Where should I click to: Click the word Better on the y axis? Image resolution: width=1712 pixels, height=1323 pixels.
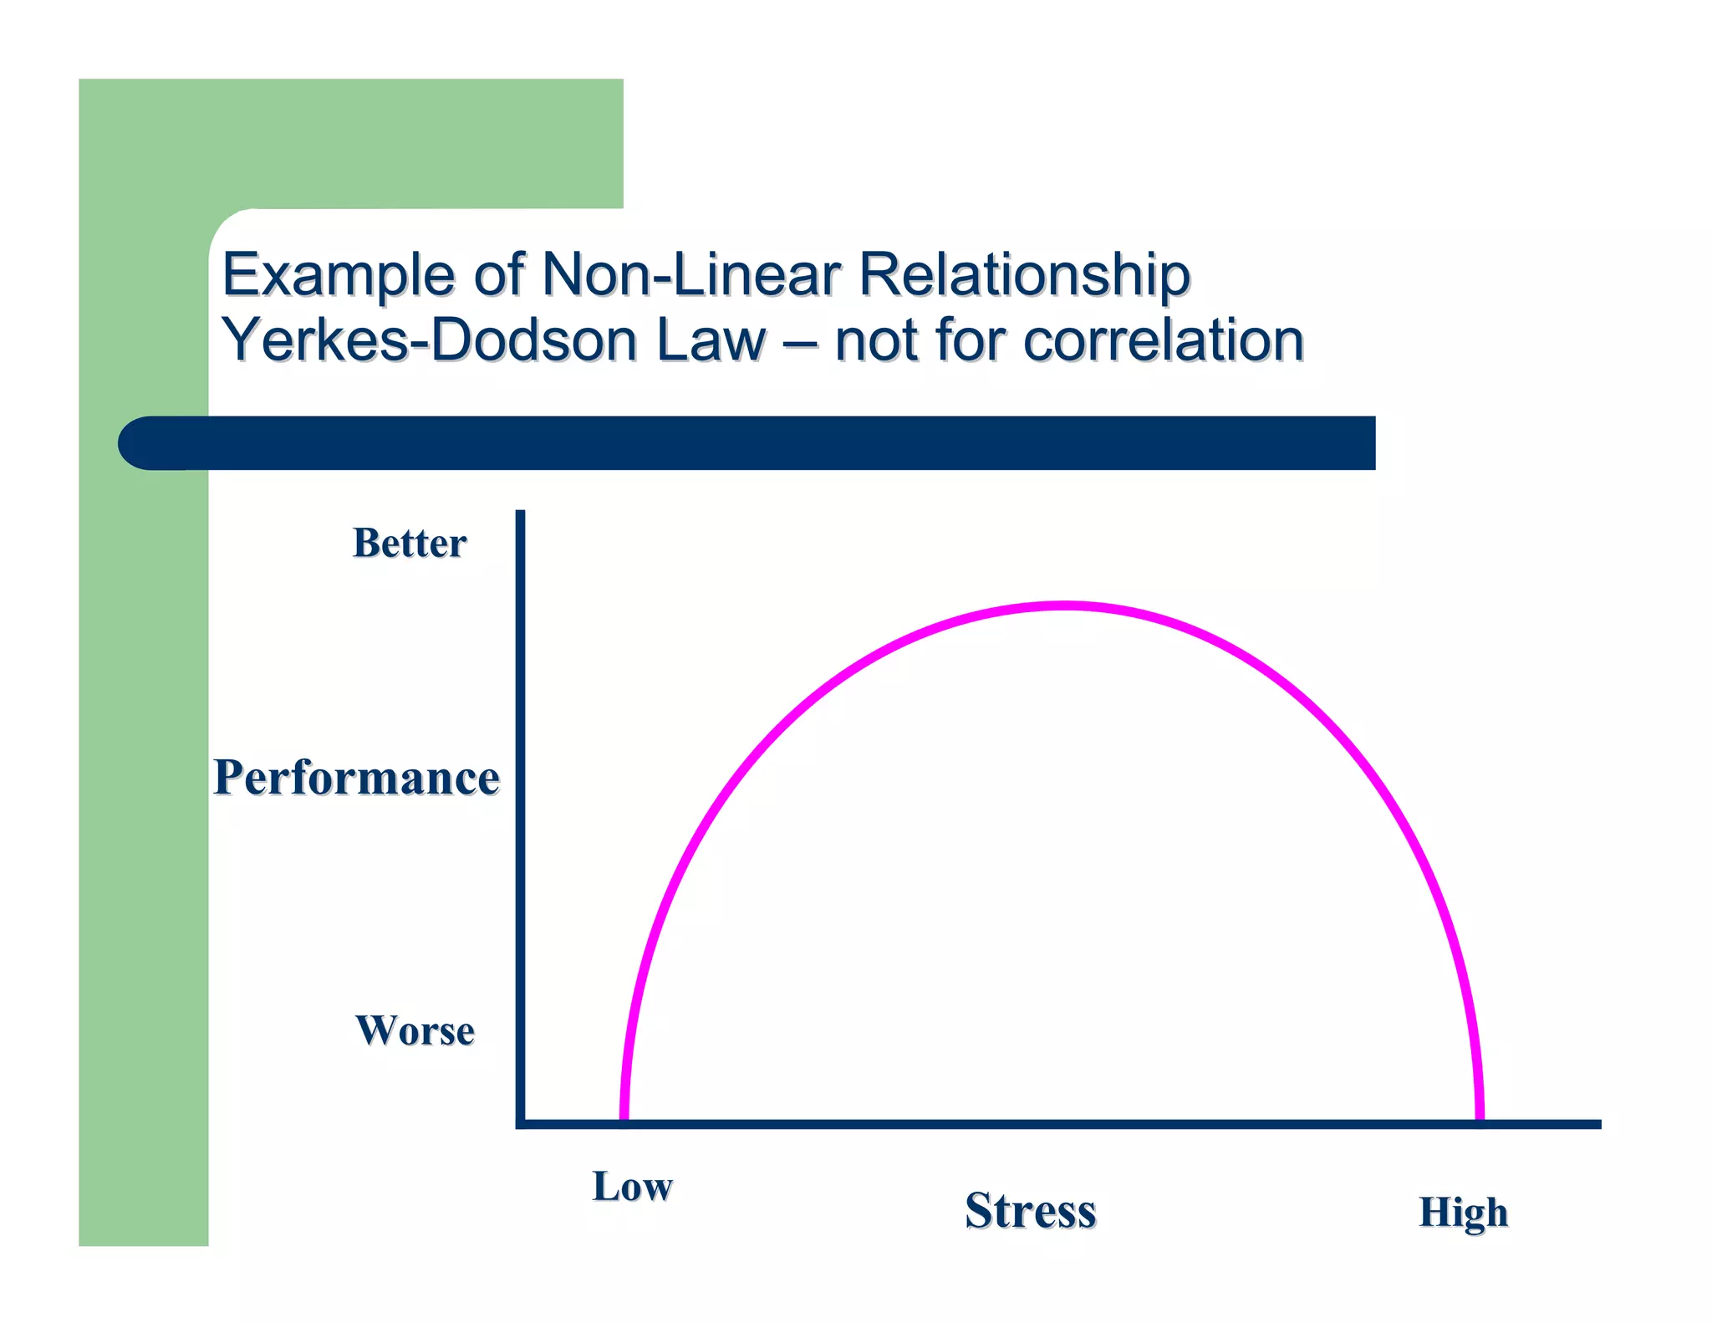pos(410,543)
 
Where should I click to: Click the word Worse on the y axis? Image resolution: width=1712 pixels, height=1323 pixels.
pos(415,1030)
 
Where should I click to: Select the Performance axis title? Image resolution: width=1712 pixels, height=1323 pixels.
pos(356,777)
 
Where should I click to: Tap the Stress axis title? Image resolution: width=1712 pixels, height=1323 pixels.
pos(1030,1210)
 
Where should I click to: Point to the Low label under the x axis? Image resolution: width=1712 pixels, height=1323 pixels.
pos(632,1187)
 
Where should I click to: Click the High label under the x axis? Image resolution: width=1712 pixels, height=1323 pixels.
pos(1463,1213)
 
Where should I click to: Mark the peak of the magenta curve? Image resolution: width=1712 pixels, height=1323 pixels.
pos(1063,605)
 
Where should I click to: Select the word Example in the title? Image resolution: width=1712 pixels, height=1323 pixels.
pos(339,276)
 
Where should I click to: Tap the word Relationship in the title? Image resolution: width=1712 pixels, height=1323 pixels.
pos(1024,276)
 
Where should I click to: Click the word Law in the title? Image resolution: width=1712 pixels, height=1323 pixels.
pos(711,340)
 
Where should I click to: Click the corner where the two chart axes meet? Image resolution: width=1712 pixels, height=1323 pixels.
pos(521,1124)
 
